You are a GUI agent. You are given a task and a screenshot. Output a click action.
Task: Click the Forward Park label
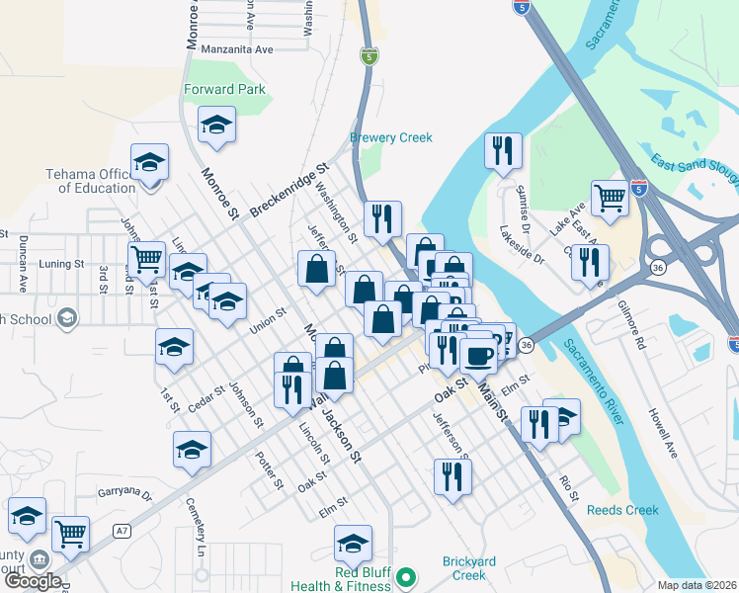tap(224, 89)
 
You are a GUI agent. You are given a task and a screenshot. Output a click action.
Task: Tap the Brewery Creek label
tap(391, 137)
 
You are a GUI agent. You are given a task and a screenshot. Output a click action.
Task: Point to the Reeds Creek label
tap(622, 510)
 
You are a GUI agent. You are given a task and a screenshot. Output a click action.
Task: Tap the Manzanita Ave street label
tap(236, 48)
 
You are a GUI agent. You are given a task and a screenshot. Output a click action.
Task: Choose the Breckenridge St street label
tap(287, 191)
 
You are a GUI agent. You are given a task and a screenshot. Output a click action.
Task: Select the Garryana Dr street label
tap(124, 492)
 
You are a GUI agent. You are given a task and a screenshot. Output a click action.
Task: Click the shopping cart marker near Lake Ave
tap(610, 199)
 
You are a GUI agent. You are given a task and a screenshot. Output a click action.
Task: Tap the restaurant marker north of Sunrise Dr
tap(503, 151)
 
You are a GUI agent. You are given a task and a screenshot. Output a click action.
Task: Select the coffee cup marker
tap(478, 355)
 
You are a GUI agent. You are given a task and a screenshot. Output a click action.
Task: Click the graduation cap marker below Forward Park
tap(216, 126)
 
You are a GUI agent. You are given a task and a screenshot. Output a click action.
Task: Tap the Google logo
tap(33, 581)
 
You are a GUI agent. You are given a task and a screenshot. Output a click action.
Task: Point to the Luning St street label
tap(61, 264)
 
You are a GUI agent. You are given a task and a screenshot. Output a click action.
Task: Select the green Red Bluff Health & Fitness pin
tap(404, 576)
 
